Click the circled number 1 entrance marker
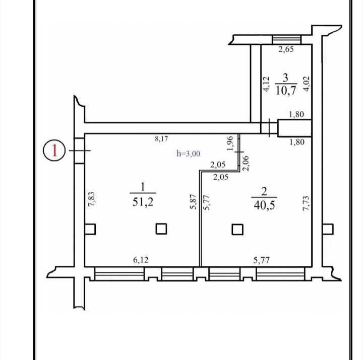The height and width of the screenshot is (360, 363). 54,150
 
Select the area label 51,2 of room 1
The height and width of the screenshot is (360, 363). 143,202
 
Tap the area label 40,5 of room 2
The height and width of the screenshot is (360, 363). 264,205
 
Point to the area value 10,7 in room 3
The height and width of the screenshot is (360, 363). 286,90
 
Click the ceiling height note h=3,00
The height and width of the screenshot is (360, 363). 189,154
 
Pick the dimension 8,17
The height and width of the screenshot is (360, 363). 161,139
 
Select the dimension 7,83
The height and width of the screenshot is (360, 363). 92,199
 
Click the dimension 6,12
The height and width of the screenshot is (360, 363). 141,260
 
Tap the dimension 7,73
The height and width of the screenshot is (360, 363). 306,203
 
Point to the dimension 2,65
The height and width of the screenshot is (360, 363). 286,49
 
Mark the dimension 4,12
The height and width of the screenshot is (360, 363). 267,84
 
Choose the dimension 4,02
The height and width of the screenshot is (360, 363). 307,84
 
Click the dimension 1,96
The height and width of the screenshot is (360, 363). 230,143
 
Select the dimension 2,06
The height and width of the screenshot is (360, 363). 246,163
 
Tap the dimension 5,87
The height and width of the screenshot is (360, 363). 193,202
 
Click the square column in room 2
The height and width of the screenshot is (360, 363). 237,230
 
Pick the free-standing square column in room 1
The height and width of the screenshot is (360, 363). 161,229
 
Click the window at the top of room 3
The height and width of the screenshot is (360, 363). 286,39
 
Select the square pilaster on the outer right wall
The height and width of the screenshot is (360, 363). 328,229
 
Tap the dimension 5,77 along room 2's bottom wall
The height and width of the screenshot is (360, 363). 261,260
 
